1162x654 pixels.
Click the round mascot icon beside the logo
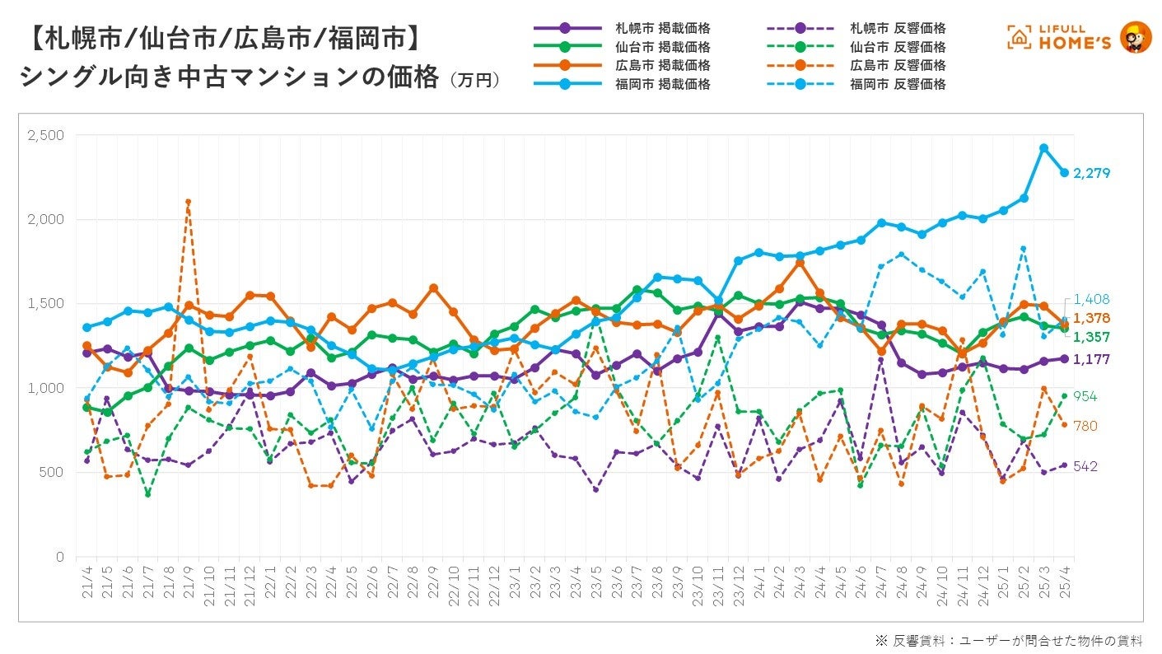pos(1136,37)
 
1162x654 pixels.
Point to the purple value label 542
pos(1085,466)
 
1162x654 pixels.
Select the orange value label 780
pos(1085,425)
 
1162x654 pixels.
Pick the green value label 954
pos(1085,396)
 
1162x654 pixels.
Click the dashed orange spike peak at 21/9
pos(189,202)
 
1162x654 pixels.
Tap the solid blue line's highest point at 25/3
pos(1043,148)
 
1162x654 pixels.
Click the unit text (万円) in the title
pos(474,81)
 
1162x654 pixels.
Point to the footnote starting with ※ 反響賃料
pos(1009,640)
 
